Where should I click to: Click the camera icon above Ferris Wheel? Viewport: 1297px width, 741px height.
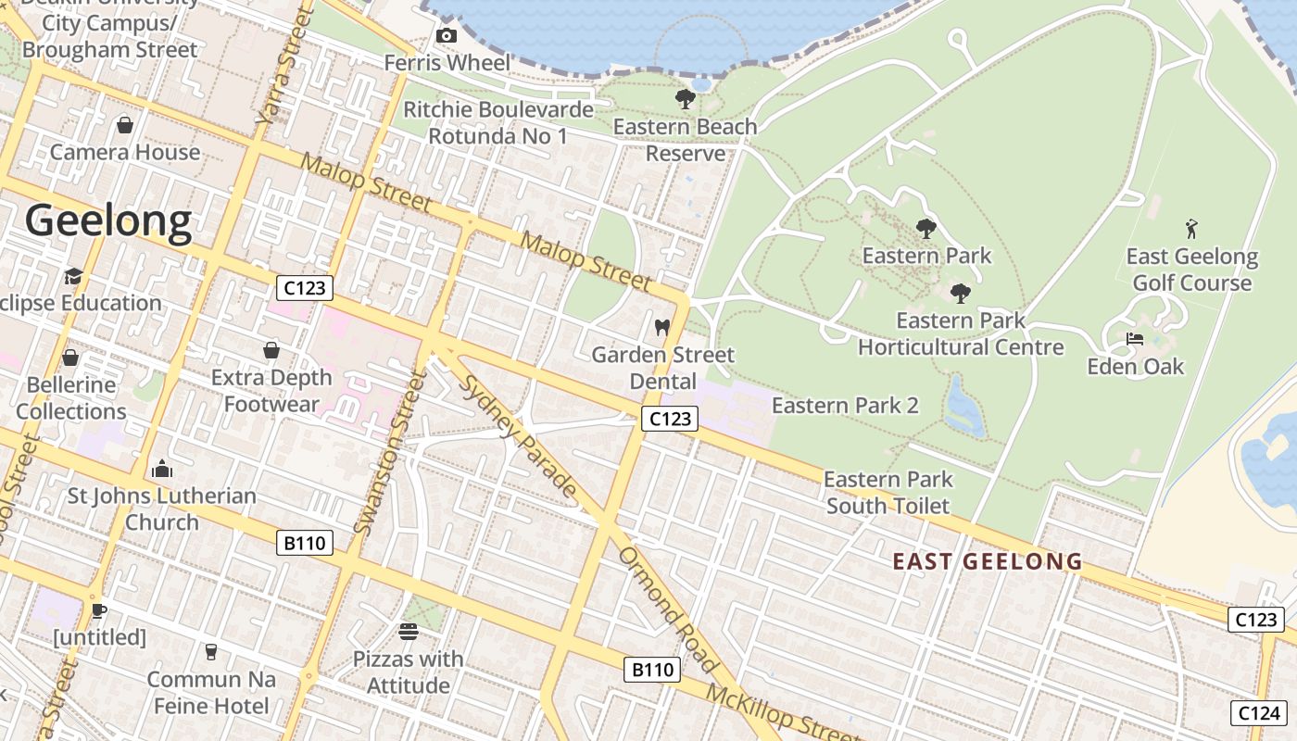click(446, 36)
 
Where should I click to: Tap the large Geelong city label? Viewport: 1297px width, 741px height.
click(108, 221)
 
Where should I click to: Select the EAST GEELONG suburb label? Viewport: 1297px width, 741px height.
click(987, 561)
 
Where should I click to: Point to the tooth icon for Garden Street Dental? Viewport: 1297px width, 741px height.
click(661, 327)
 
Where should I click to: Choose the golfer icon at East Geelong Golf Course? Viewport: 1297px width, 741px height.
click(1191, 228)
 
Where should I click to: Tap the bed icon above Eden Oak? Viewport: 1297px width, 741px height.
click(1135, 339)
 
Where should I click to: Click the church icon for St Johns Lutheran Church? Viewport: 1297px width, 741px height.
click(162, 469)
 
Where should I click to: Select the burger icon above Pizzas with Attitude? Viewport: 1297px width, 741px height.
click(409, 632)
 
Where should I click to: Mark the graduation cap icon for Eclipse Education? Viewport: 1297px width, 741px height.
click(73, 276)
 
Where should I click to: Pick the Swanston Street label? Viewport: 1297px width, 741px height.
click(390, 454)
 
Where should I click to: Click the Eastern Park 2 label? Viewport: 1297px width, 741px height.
click(845, 406)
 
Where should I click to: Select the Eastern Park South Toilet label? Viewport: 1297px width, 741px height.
click(888, 493)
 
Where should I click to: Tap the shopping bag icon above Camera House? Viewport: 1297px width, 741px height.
click(125, 125)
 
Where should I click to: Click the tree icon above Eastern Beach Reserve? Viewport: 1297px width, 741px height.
click(686, 99)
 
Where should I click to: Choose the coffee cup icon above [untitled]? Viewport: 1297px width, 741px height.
click(99, 609)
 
